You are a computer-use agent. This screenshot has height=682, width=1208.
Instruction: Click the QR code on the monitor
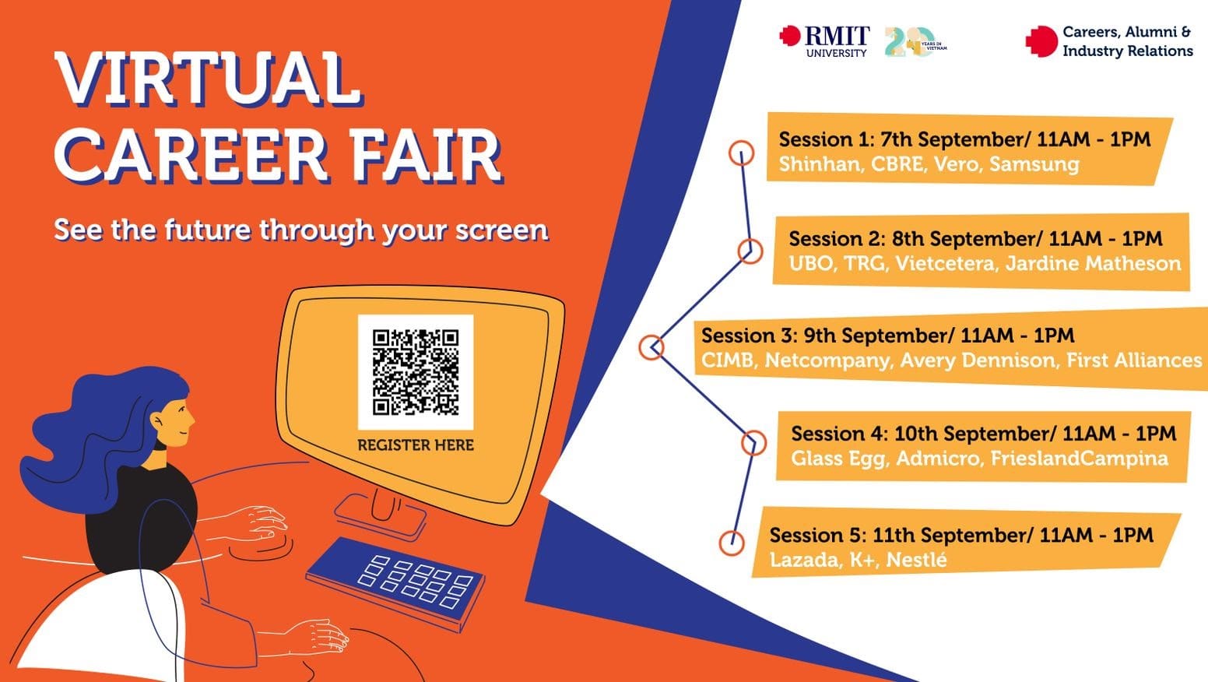[416, 372]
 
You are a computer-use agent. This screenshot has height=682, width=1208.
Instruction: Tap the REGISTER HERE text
[416, 445]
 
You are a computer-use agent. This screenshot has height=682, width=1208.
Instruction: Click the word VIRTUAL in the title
[208, 79]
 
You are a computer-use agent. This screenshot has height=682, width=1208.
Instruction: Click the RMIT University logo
[825, 40]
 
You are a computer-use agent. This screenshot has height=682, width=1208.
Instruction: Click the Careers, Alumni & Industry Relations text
[1126, 42]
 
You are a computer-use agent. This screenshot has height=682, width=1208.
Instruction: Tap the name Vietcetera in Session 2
[944, 264]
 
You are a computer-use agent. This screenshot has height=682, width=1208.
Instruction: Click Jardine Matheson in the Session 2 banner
[1093, 264]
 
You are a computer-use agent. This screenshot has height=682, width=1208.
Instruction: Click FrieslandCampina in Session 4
[1079, 459]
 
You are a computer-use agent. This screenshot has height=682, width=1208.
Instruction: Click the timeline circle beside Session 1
[741, 153]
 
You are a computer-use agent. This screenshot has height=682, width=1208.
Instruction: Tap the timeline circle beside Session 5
[731, 542]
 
